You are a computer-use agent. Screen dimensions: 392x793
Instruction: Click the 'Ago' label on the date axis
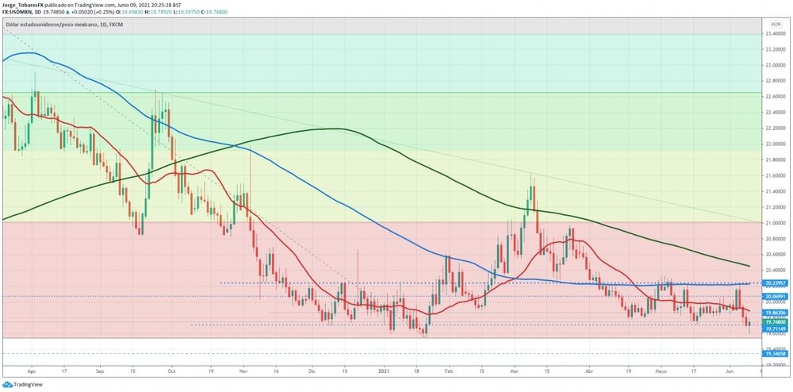pos(32,370)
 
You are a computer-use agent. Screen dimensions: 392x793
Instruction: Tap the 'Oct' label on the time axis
pos(171,370)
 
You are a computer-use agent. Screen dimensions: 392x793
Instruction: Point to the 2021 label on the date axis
pos(383,370)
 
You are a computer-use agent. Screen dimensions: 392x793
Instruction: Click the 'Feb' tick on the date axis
pos(448,370)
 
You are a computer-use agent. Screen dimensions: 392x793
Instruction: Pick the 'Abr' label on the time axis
pos(588,370)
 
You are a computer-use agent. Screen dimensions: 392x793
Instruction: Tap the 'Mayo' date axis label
pos(661,370)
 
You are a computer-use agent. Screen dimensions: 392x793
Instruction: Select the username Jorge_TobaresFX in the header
pos(27,4)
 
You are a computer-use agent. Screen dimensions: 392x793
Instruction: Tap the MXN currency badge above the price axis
pos(776,25)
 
